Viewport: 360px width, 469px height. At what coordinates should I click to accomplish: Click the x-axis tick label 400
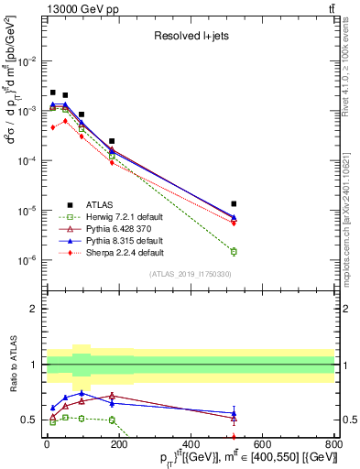[x=191, y=443]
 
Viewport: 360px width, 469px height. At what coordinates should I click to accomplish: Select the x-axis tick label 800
[x=334, y=443]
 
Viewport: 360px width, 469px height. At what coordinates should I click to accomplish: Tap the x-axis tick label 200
[x=118, y=443]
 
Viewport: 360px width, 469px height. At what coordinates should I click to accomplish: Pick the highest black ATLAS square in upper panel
[x=53, y=93]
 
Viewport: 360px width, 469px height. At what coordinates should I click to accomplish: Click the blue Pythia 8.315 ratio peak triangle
[x=82, y=393]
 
